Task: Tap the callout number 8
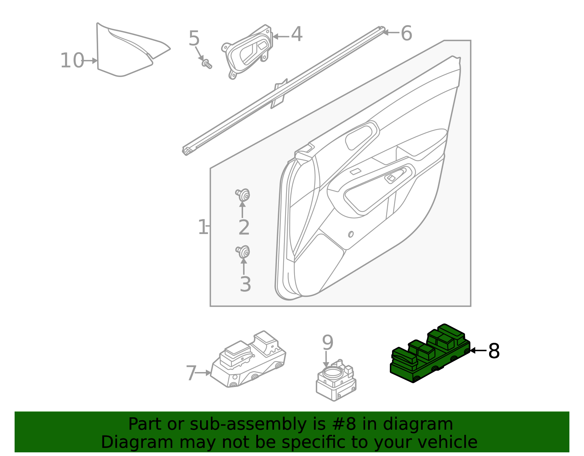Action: (x=494, y=351)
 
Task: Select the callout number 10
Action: (x=72, y=61)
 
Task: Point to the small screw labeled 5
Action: (x=207, y=64)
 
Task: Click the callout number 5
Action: (x=194, y=39)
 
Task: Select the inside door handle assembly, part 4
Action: (x=248, y=51)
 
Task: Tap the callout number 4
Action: (x=296, y=35)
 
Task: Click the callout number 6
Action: (x=406, y=33)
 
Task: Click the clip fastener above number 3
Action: (x=243, y=252)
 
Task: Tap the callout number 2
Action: (x=244, y=227)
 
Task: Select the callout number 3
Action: (x=245, y=284)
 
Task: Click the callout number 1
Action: (x=203, y=227)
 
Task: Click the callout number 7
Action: (x=191, y=373)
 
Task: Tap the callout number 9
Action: (x=327, y=343)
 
